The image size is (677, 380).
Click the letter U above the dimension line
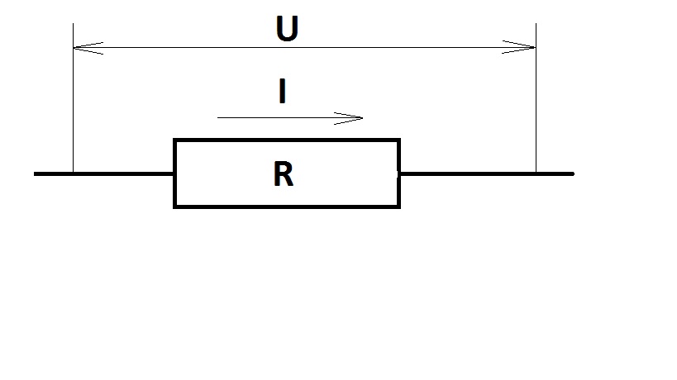pos(287,29)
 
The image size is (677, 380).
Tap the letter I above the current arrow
pos(283,91)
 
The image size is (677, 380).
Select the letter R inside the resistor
pos(283,175)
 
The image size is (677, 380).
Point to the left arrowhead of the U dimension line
pos(78,48)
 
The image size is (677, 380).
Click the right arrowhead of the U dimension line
pos(531,48)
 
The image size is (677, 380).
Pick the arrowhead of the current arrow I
pos(359,118)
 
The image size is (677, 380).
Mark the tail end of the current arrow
pos(219,118)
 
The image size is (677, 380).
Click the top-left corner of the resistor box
pos(174,140)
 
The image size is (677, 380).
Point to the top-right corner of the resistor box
pos(399,140)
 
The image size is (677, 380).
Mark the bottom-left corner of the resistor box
pos(174,206)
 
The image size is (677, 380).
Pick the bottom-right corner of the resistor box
pos(399,206)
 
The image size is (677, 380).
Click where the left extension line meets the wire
pos(74,173)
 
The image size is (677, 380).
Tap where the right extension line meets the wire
pos(536,173)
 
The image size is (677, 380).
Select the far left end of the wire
pos(36,173)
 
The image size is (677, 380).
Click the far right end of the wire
pos(572,173)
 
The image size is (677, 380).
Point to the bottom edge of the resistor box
pos(287,206)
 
